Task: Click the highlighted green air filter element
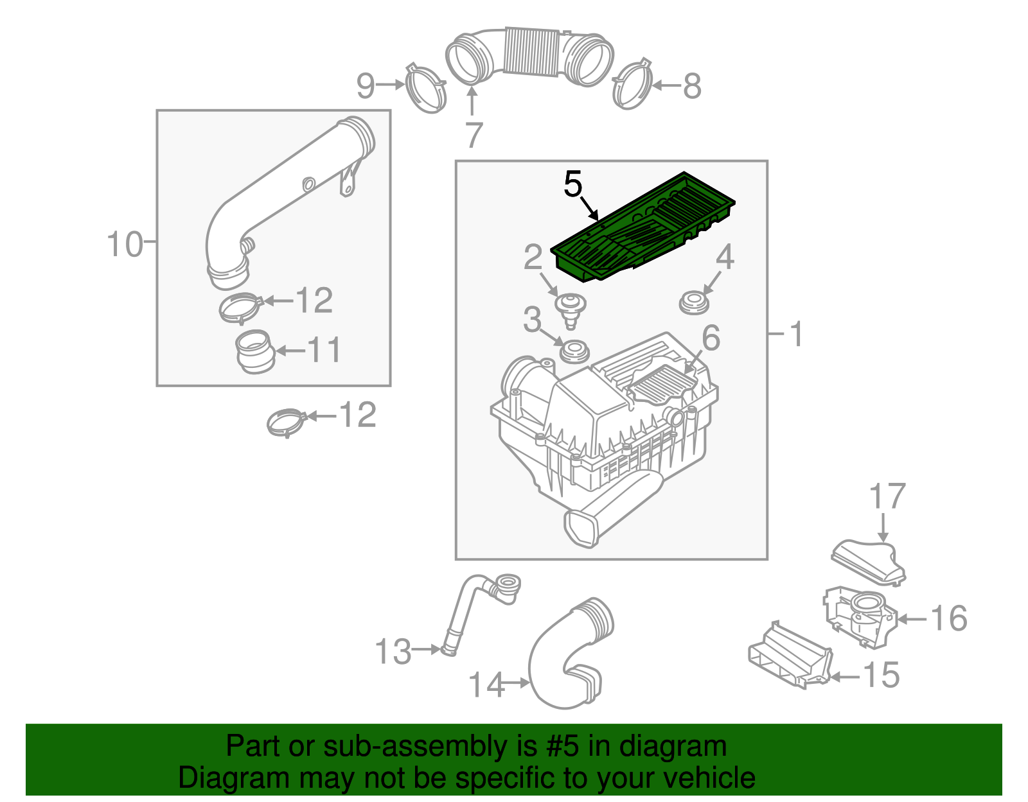642,228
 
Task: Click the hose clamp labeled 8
633,85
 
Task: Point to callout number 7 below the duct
474,135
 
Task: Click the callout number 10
124,245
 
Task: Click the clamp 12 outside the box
286,421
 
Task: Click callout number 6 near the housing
711,338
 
